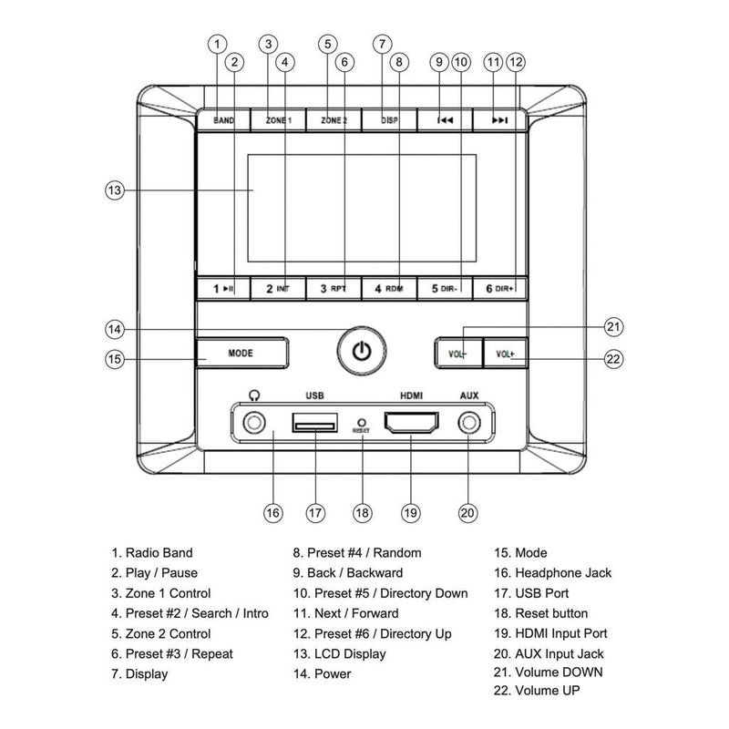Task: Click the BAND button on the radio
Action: click(x=223, y=120)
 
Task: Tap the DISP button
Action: click(x=389, y=120)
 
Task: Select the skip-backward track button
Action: click(x=445, y=120)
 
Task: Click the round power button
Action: click(x=362, y=351)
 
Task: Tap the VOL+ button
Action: click(x=506, y=352)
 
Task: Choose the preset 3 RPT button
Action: click(x=334, y=289)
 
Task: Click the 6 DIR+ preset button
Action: click(x=500, y=289)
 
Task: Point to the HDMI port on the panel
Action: click(x=412, y=423)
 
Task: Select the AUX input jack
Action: click(x=469, y=423)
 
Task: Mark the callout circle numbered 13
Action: click(x=114, y=191)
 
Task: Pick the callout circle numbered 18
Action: click(x=363, y=512)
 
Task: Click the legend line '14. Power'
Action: click(x=320, y=674)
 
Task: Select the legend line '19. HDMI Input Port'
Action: click(x=561, y=633)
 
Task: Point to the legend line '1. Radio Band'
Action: click(x=152, y=552)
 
